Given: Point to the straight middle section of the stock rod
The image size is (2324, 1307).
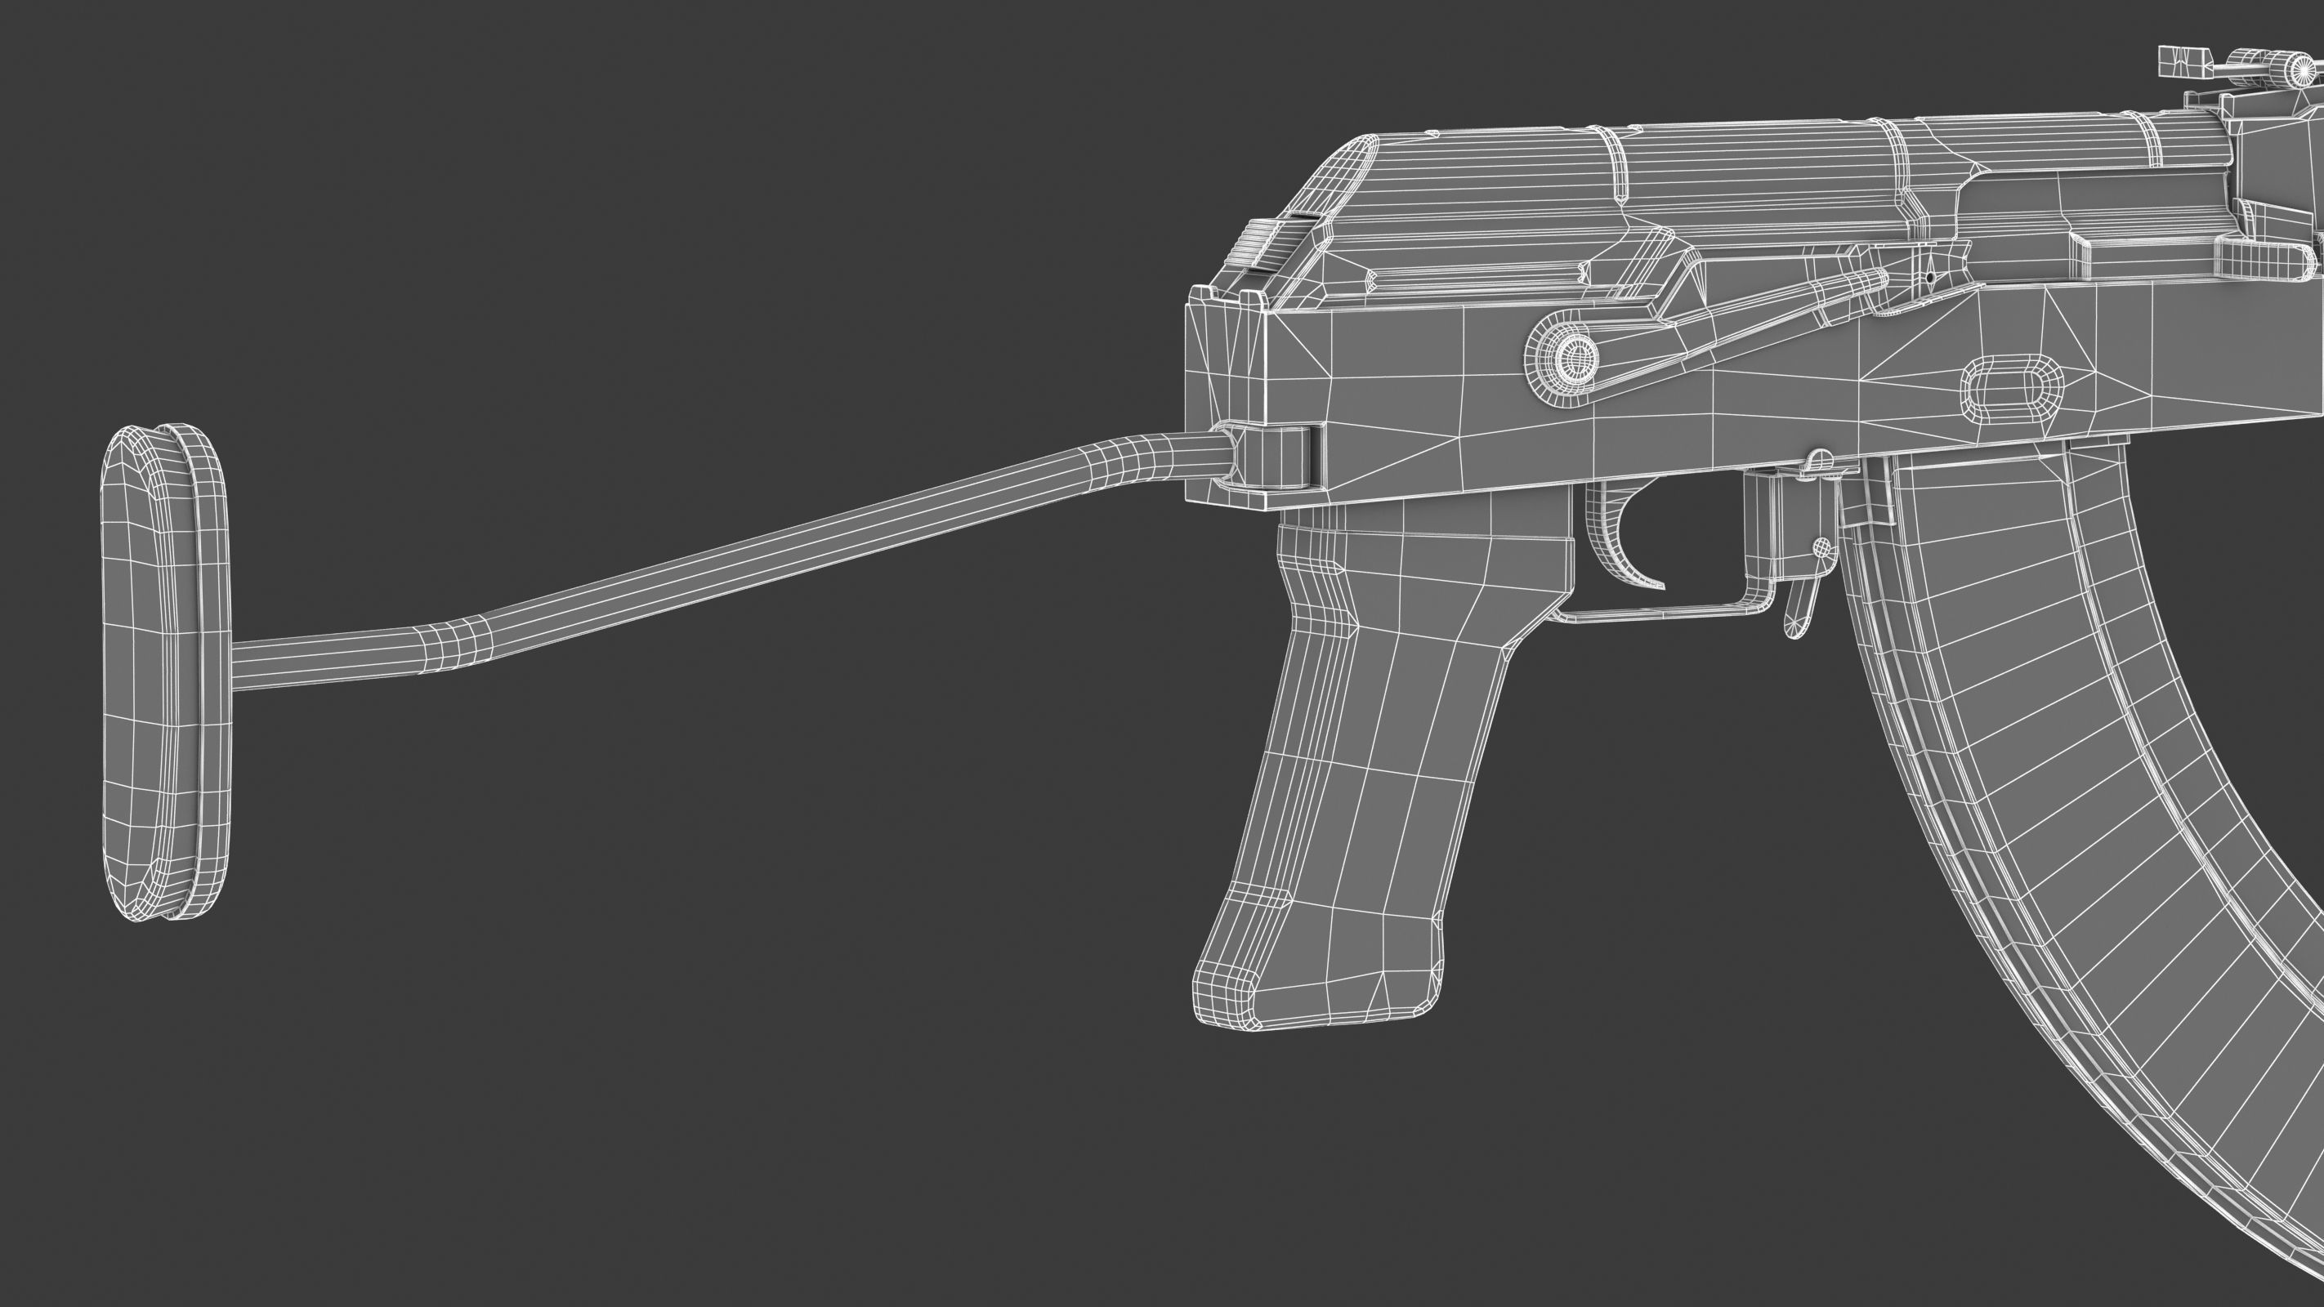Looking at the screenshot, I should pyautogui.click(x=812, y=551).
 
